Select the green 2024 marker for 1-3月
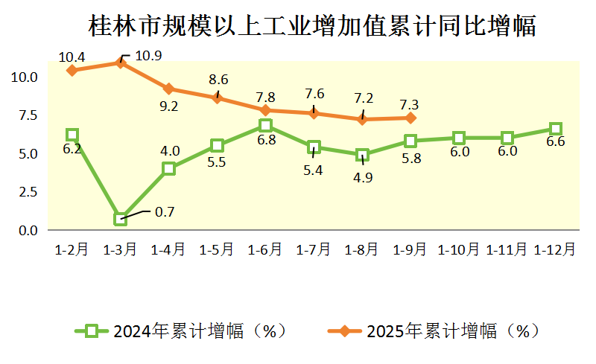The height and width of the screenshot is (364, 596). (121, 219)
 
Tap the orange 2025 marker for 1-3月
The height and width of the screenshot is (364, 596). (121, 63)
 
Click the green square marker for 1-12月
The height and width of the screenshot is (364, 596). (555, 129)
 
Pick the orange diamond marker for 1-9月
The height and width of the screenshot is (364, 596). (410, 118)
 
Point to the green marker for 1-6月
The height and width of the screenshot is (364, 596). (265, 126)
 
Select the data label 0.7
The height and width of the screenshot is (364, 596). (164, 212)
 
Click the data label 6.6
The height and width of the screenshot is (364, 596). (556, 143)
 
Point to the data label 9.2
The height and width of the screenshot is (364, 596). (168, 106)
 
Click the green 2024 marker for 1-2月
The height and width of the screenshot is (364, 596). (72, 135)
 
